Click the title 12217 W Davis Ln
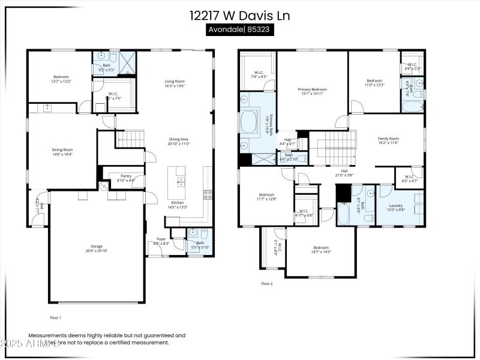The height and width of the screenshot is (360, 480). (x=240, y=16)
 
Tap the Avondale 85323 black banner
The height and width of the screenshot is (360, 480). (x=240, y=30)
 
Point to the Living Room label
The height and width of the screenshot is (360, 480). (x=175, y=83)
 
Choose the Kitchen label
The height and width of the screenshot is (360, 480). (x=178, y=205)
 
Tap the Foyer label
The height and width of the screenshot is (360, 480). (x=161, y=241)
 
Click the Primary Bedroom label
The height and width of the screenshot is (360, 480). (x=312, y=91)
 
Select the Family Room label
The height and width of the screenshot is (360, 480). (x=388, y=140)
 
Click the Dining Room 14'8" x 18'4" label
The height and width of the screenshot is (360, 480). (x=62, y=152)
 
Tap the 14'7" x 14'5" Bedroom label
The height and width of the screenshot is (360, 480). (x=321, y=250)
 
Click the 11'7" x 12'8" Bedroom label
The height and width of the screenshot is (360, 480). (x=267, y=196)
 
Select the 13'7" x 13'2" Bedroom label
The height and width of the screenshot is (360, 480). (x=61, y=79)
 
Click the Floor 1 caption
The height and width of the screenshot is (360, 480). (x=55, y=317)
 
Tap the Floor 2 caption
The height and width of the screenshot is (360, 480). (x=266, y=283)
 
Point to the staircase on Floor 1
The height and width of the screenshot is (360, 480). (x=130, y=140)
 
